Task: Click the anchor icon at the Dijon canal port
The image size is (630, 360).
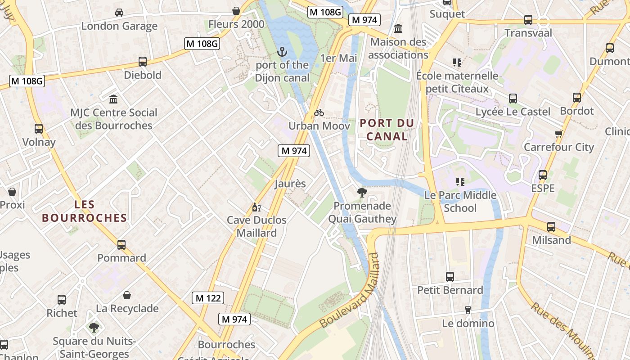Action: tap(282, 52)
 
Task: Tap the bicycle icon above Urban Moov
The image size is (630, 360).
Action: tap(319, 112)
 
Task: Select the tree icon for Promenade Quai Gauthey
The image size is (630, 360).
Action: tap(362, 193)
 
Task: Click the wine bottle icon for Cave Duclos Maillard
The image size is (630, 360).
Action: tap(256, 207)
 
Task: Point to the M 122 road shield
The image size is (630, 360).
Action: tap(208, 298)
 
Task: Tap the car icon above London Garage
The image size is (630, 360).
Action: tap(119, 13)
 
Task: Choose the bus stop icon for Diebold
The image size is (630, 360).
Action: tap(143, 62)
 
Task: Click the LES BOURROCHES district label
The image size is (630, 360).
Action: tap(85, 211)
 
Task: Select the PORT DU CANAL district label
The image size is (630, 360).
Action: tap(387, 130)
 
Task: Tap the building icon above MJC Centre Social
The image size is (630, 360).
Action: tap(113, 99)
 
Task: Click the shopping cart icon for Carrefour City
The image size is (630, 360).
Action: tap(558, 134)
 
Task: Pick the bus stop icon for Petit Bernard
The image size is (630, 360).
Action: tap(450, 277)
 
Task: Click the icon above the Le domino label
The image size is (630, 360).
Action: tap(468, 310)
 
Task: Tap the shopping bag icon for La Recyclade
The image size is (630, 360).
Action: tap(127, 295)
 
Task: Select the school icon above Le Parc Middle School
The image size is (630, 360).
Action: tap(460, 182)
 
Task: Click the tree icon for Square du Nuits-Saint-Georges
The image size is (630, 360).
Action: tap(94, 327)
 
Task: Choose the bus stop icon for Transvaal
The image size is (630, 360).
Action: tap(528, 20)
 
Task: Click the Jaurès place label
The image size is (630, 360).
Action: tap(290, 184)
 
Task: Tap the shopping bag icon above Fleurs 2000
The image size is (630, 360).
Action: tap(236, 11)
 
